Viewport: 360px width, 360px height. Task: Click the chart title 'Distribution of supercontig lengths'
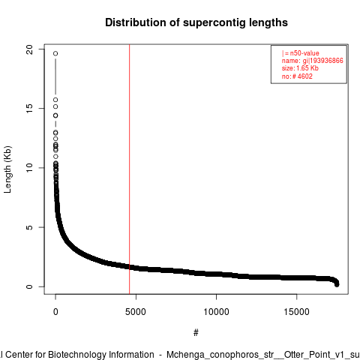[x=196, y=22]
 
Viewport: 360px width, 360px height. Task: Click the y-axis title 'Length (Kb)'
[x=7, y=169]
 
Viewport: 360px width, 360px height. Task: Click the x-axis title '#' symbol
[x=196, y=332]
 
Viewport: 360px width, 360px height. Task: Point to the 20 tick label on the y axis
[x=29, y=49]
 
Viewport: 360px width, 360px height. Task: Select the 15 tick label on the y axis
[x=29, y=108]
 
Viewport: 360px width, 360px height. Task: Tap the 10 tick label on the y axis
[x=29, y=168]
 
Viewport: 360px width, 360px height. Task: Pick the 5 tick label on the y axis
[x=29, y=227]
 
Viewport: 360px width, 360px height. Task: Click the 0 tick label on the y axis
[x=29, y=286]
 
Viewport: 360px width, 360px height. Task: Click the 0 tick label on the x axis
[x=55, y=312]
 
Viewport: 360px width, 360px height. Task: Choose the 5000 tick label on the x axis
[x=136, y=312]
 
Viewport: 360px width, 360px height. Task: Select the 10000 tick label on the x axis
[x=216, y=312]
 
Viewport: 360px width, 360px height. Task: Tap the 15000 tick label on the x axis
[x=297, y=312]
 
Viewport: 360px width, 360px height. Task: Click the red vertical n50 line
[x=130, y=169]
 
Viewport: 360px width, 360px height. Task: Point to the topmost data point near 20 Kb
[x=55, y=53]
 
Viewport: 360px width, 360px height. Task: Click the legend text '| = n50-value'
[x=301, y=53]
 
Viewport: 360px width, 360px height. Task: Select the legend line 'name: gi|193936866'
[x=313, y=61]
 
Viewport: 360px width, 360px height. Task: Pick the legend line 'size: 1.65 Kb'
[x=300, y=68]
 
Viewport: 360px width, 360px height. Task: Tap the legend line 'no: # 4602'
[x=297, y=76]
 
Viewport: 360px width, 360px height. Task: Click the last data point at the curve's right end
[x=337, y=284]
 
